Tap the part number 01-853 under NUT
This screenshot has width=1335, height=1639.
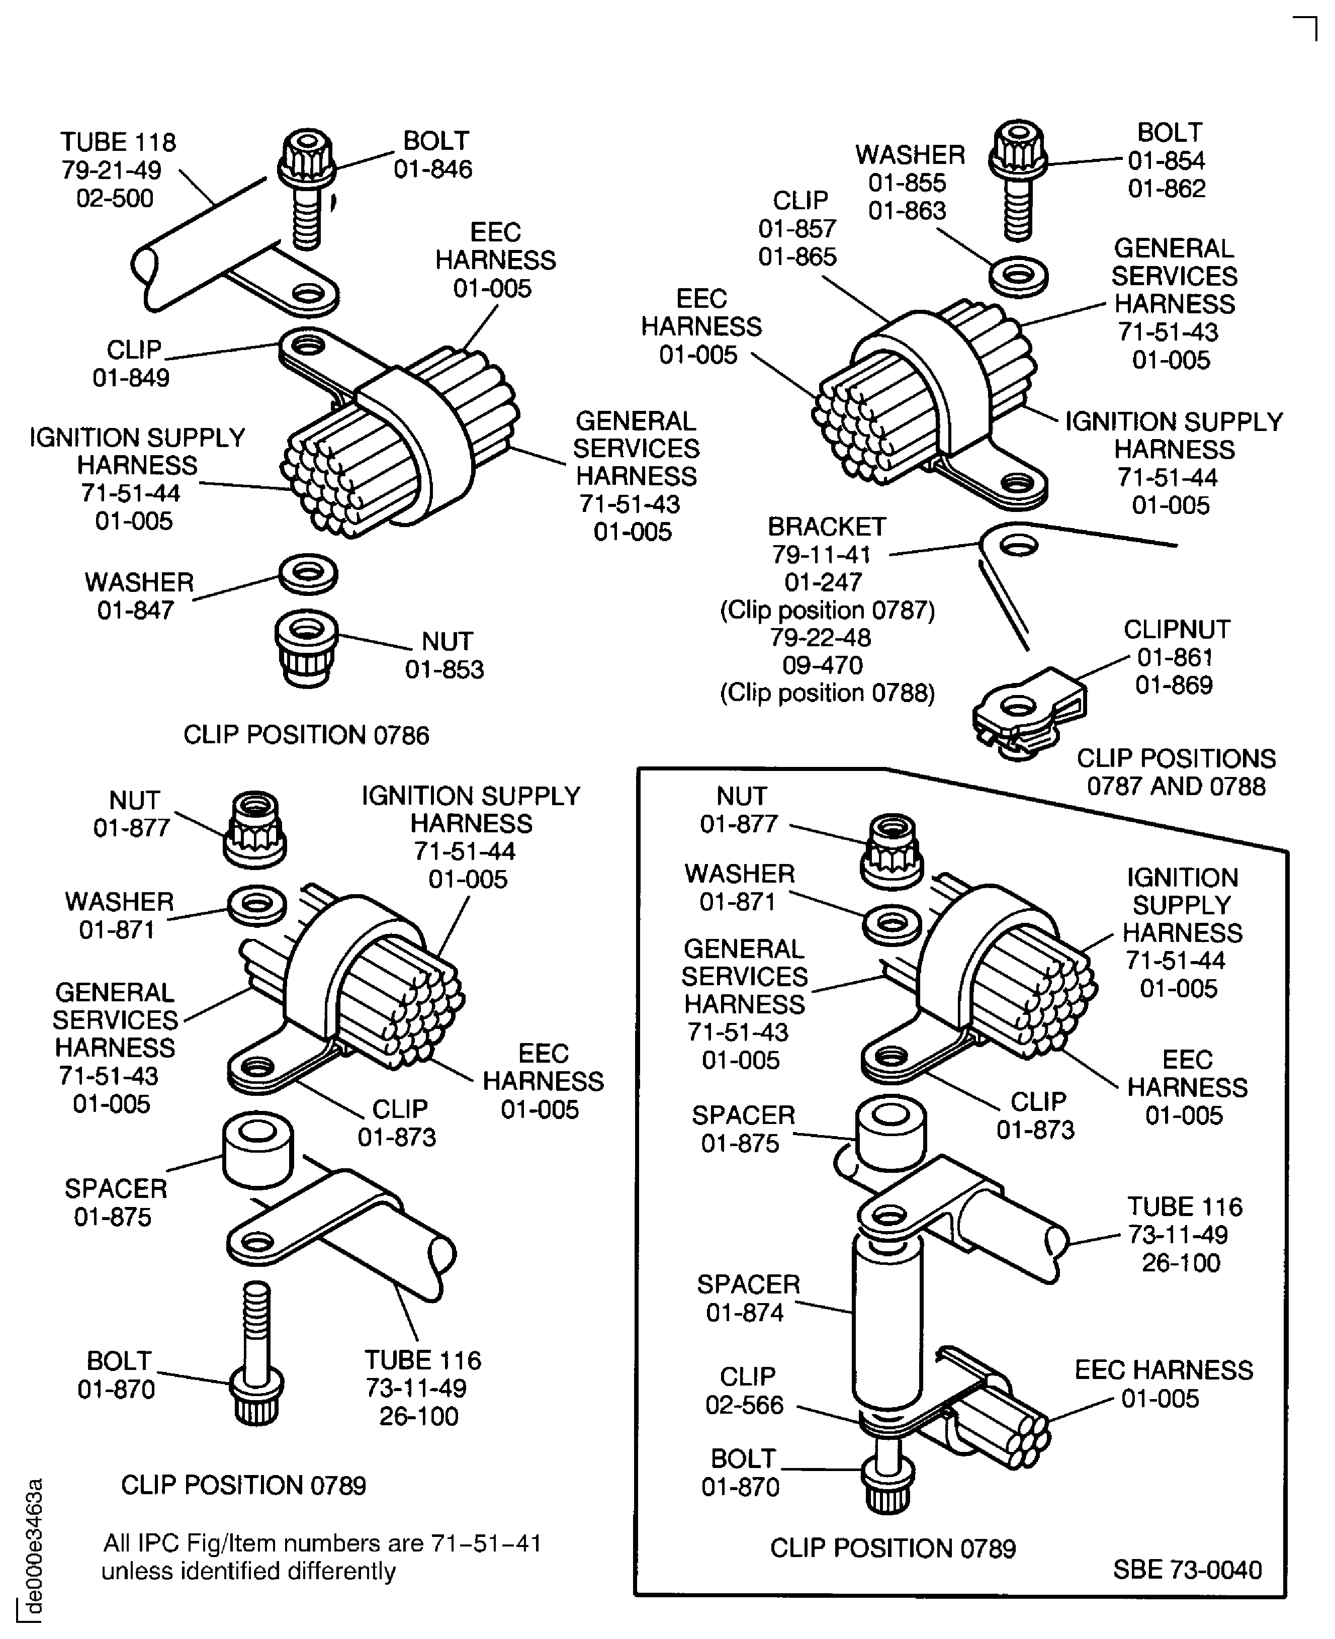pyautogui.click(x=444, y=669)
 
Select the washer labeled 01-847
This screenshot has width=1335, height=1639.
pyautogui.click(x=308, y=574)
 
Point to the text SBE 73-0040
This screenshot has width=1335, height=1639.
pyautogui.click(x=1187, y=1569)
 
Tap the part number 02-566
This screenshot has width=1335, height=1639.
pyautogui.click(x=744, y=1405)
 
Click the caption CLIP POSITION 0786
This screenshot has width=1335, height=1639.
pyautogui.click(x=306, y=735)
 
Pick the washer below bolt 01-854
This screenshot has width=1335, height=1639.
pyautogui.click(x=1019, y=276)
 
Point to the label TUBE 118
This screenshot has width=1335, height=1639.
pyautogui.click(x=119, y=142)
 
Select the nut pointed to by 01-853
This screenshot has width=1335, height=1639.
pyautogui.click(x=306, y=648)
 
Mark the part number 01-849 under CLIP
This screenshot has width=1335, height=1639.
pyautogui.click(x=131, y=378)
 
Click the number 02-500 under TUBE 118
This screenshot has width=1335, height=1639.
pyautogui.click(x=115, y=199)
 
